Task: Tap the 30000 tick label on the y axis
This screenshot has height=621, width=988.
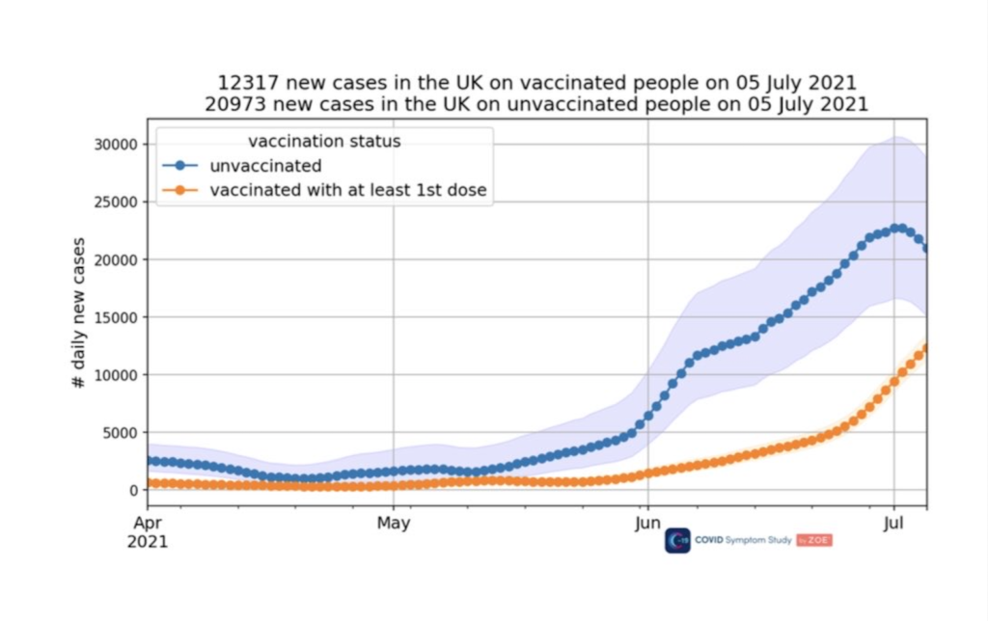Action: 113,145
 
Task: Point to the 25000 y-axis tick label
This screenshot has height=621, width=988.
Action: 113,202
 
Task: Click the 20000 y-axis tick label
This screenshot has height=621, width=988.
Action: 113,259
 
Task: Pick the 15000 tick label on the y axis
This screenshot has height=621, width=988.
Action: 113,317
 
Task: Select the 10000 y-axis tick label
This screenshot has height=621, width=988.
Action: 113,375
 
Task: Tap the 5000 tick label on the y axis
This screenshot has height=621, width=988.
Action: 117,432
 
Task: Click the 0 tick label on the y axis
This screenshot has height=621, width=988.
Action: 134,490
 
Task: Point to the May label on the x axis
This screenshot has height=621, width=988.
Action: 393,525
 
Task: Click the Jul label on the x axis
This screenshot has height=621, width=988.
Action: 893,525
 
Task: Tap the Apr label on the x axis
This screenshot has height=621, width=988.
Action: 148,525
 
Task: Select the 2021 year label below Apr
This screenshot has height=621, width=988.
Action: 148,542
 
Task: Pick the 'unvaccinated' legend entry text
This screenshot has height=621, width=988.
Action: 264,166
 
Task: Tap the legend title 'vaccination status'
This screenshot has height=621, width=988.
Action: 324,142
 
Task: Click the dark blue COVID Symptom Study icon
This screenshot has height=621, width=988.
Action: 677,541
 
